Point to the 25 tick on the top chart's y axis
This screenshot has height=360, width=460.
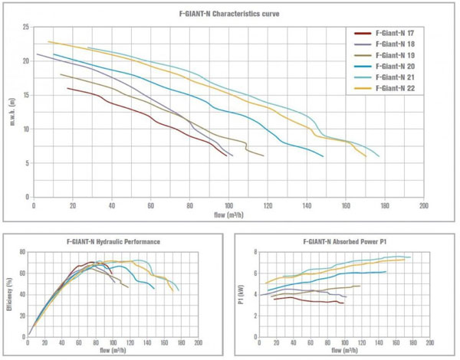(27, 27)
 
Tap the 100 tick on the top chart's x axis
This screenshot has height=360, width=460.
(228, 206)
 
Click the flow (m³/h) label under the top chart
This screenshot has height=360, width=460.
(228, 214)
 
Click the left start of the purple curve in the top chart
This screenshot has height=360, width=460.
(37, 54)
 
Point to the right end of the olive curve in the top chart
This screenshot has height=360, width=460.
(264, 156)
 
